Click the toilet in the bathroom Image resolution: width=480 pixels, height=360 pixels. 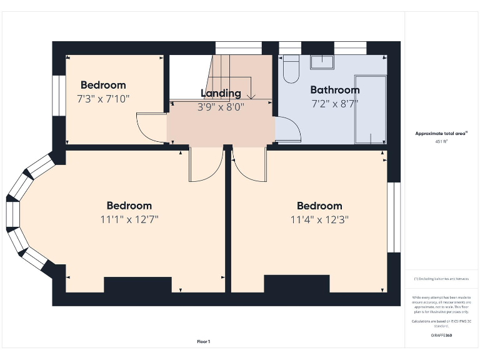click(x=291, y=70)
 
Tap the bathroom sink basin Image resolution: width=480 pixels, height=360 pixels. click(x=324, y=61)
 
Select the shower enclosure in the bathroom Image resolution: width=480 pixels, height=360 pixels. click(x=369, y=110)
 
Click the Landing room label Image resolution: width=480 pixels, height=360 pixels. click(x=221, y=93)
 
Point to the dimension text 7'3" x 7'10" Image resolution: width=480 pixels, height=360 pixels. click(x=103, y=99)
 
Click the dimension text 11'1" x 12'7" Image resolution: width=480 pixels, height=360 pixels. click(x=129, y=219)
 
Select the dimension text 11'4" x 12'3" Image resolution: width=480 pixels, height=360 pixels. click(x=319, y=219)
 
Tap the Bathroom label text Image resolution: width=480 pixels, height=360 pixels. click(x=334, y=90)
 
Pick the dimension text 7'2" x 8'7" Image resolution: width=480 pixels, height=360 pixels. click(x=334, y=104)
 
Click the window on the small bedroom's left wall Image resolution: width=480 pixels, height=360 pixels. click(x=59, y=96)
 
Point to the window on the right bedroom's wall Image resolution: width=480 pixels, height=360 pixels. click(x=393, y=217)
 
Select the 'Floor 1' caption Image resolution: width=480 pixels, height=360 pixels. click(x=204, y=341)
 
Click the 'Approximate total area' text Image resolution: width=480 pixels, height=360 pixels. click(x=441, y=133)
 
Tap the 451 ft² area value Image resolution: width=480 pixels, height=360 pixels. click(x=441, y=142)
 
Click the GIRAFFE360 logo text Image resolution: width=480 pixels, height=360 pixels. click(x=441, y=336)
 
